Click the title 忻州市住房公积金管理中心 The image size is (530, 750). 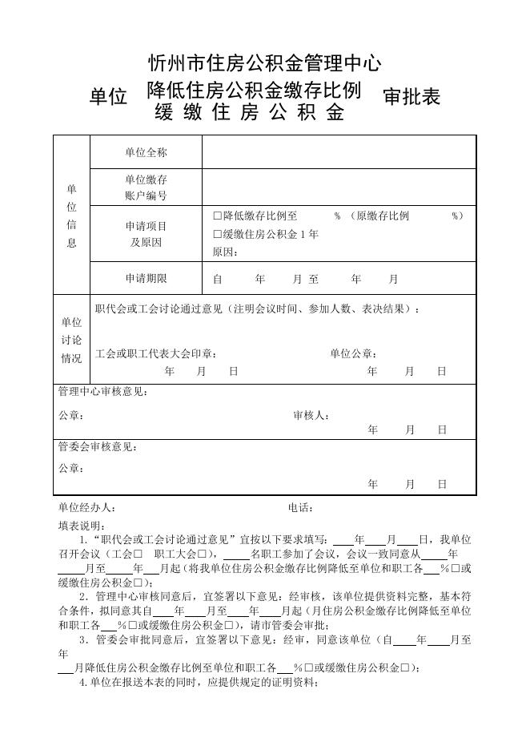coord(265,62)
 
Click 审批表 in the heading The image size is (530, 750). coord(412,97)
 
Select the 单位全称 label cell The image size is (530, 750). coord(146,152)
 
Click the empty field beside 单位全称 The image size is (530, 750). coord(339,152)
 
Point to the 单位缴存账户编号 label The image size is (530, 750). coord(146,187)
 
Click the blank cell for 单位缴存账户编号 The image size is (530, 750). coord(339,187)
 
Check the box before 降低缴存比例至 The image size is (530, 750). coord(217,216)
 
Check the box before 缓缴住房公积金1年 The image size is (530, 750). coord(217,235)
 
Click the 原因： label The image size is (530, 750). coord(225,252)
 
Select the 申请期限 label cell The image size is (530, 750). coord(146,279)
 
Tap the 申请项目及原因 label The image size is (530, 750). coord(146,234)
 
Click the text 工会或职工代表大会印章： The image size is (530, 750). coord(155,353)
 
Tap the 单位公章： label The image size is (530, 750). coord(353,353)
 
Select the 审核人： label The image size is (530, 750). coord(311,416)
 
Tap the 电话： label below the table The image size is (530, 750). coord(300,508)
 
